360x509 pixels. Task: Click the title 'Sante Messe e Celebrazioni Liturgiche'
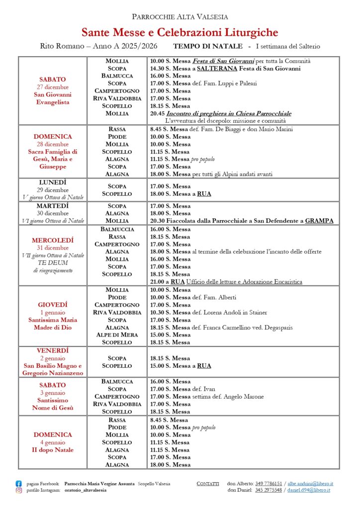[180, 33]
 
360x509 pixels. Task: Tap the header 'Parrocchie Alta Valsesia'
[180, 17]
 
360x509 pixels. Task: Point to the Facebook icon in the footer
[19, 483]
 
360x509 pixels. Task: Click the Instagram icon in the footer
[19, 490]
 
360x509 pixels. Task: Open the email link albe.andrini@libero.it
[310, 483]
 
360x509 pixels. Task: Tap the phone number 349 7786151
[269, 483]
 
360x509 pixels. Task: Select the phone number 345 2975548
[269, 490]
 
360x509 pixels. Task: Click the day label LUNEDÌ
[53, 182]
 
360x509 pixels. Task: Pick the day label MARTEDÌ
[53, 206]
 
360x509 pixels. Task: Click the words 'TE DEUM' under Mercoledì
[53, 263]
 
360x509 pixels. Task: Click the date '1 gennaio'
[53, 312]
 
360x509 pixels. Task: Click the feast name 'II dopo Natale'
[53, 450]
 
